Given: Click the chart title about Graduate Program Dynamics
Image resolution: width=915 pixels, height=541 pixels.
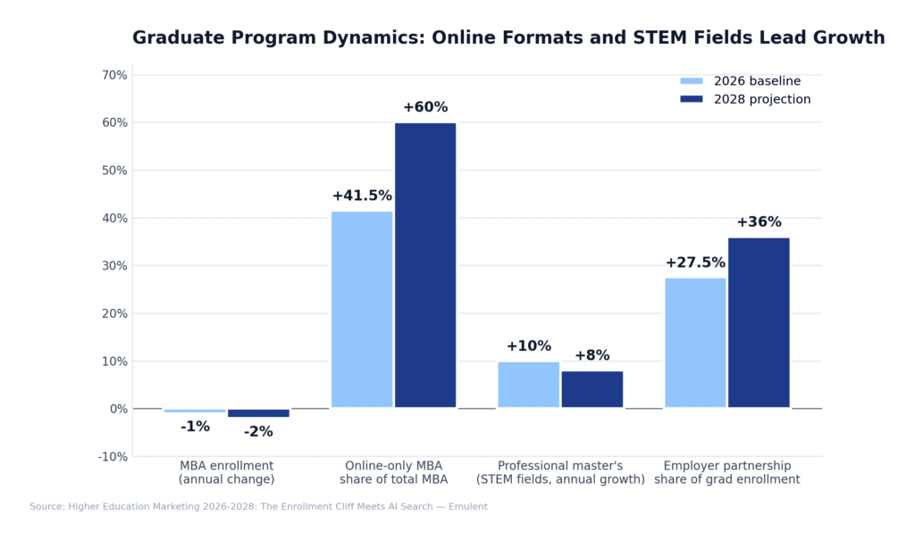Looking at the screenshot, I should (x=508, y=37).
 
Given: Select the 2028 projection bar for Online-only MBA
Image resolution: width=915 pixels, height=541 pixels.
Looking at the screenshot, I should (x=425, y=265).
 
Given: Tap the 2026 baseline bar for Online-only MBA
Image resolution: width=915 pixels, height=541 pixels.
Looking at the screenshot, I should (x=362, y=310).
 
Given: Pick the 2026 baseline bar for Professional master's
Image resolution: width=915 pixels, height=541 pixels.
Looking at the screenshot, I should (x=528, y=385).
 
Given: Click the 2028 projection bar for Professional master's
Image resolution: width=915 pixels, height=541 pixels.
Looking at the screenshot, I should (x=592, y=389).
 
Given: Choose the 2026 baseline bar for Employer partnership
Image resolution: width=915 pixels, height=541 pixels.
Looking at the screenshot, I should (x=695, y=343).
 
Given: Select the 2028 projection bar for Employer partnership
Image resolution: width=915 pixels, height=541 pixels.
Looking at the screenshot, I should (x=759, y=322).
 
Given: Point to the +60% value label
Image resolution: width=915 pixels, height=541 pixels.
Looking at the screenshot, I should (x=425, y=107).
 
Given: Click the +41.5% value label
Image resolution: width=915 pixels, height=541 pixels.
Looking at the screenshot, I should (x=362, y=196).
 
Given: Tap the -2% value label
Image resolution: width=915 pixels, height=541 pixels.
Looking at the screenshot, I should (x=258, y=432).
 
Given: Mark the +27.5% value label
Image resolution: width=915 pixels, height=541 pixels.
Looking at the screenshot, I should (x=695, y=262).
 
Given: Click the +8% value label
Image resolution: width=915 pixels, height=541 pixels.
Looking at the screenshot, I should (x=592, y=355).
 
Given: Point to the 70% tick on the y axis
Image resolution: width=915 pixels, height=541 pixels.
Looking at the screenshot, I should (x=114, y=75).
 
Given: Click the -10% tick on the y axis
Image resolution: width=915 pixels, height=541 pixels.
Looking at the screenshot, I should (x=113, y=457).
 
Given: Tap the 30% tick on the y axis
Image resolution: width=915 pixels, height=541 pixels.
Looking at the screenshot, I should (x=114, y=266).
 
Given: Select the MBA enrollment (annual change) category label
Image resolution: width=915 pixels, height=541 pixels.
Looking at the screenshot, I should (x=227, y=472).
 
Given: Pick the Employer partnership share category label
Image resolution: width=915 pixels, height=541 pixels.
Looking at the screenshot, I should (x=726, y=472).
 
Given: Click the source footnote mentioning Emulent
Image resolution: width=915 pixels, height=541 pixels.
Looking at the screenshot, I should (x=258, y=506).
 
